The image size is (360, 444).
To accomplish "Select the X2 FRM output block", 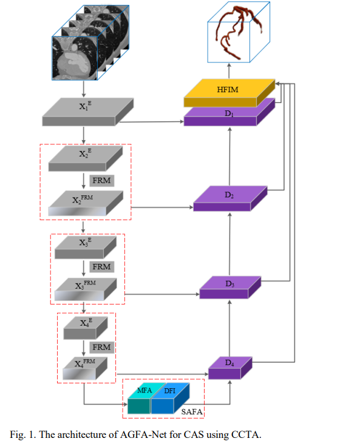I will click(x=85, y=202).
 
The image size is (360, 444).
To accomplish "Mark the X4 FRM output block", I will click(x=85, y=366).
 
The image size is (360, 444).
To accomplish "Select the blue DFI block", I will click(x=169, y=397).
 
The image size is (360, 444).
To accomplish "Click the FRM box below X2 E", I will click(x=101, y=180).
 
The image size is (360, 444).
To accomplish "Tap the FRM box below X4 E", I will click(x=101, y=347).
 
